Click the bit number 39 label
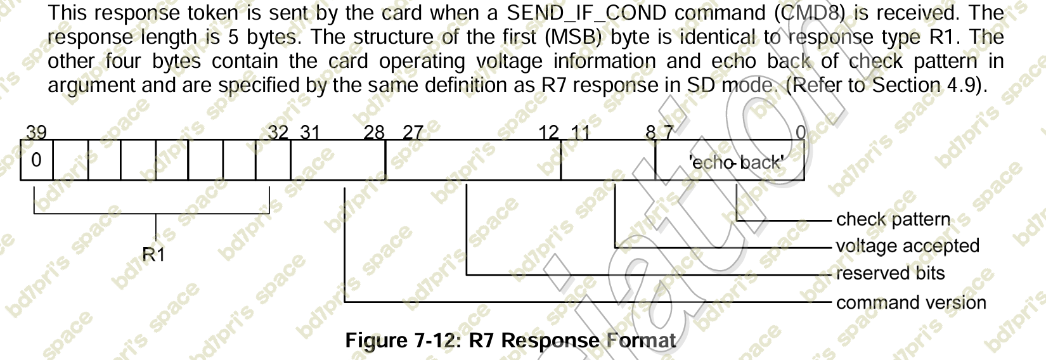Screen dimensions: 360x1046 [x=36, y=132]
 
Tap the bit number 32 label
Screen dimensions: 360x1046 [x=278, y=132]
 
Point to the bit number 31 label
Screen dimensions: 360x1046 [x=310, y=132]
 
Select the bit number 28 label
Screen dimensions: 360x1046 [x=375, y=132]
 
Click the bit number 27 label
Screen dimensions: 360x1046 [x=413, y=132]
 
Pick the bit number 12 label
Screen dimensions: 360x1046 [x=549, y=132]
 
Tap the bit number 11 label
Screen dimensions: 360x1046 [x=580, y=132]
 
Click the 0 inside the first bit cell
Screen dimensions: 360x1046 [x=36, y=160]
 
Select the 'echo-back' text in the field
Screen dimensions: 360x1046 [x=736, y=162]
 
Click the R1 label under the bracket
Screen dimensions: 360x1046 [x=153, y=254]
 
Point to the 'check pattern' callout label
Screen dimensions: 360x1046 [x=893, y=219]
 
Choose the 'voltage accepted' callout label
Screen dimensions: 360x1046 [x=907, y=246]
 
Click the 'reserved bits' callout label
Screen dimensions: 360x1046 [x=890, y=273]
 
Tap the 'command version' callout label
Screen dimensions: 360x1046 [x=911, y=302]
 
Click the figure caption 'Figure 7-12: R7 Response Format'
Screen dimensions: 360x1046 [x=510, y=340]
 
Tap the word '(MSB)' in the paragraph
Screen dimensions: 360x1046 [x=576, y=37]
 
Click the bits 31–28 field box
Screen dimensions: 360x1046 [x=338, y=160]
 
